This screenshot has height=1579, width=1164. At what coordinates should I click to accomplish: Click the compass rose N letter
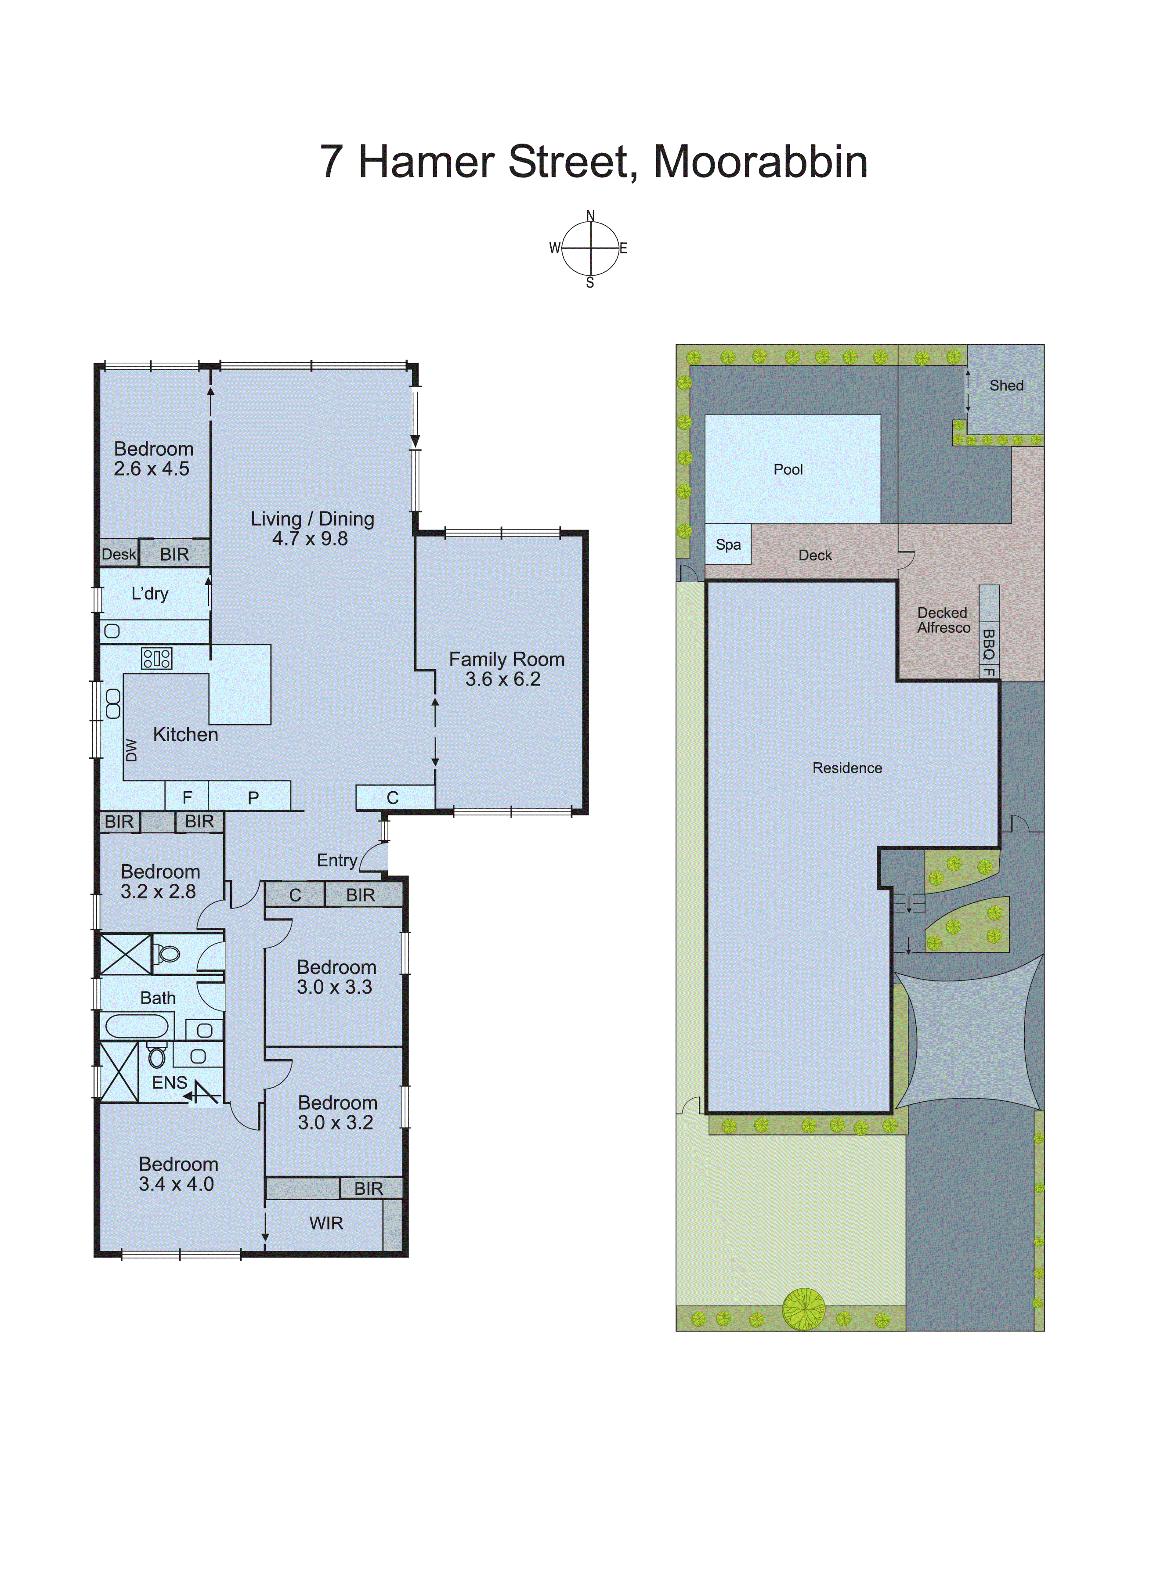[590, 216]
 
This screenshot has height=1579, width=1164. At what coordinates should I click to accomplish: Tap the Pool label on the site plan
[788, 470]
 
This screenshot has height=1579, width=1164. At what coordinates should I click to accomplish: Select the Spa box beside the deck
[728, 544]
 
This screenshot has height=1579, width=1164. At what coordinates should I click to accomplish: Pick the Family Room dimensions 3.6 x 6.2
[502, 680]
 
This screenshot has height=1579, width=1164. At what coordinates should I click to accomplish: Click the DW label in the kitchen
[131, 750]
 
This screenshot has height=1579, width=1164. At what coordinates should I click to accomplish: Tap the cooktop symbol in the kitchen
[156, 659]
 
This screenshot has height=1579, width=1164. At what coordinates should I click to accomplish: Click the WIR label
[326, 1223]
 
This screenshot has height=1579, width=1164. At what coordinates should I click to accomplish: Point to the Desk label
[118, 554]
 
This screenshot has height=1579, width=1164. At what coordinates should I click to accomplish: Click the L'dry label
[150, 594]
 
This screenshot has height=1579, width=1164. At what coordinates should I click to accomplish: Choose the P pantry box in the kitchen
[252, 797]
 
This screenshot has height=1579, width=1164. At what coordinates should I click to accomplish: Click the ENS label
[169, 1082]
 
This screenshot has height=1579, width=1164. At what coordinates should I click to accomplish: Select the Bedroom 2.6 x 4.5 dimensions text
[152, 469]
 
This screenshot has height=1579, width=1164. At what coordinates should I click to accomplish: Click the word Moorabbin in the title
[760, 162]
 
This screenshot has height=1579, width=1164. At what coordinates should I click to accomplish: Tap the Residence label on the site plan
[847, 768]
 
